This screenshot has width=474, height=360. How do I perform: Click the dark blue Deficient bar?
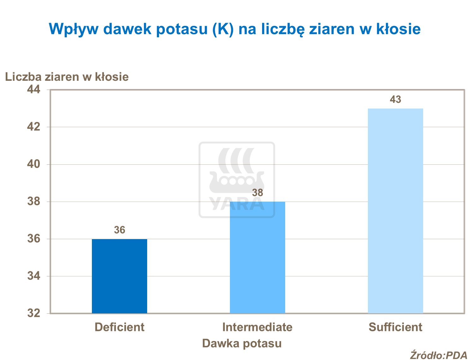[119, 276]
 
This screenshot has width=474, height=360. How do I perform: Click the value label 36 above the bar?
[119, 230]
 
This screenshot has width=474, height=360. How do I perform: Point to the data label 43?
[395, 100]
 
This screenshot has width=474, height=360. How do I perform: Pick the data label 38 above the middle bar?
[257, 193]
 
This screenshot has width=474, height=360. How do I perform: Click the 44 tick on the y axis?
[34, 90]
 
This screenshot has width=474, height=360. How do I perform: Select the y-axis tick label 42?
[34, 127]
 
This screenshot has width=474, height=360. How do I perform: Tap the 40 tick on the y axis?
[34, 164]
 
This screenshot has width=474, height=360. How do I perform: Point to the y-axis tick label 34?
[34, 276]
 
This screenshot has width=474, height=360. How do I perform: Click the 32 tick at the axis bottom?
[34, 313]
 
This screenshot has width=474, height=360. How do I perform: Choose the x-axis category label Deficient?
[119, 327]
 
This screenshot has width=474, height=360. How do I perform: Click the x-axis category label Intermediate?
[257, 327]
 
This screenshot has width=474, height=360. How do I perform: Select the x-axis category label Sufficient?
[395, 327]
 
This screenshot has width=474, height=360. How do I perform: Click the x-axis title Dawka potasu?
[242, 343]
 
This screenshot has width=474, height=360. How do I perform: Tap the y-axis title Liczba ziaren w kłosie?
[67, 77]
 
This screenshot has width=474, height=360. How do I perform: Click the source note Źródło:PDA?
[438, 355]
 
